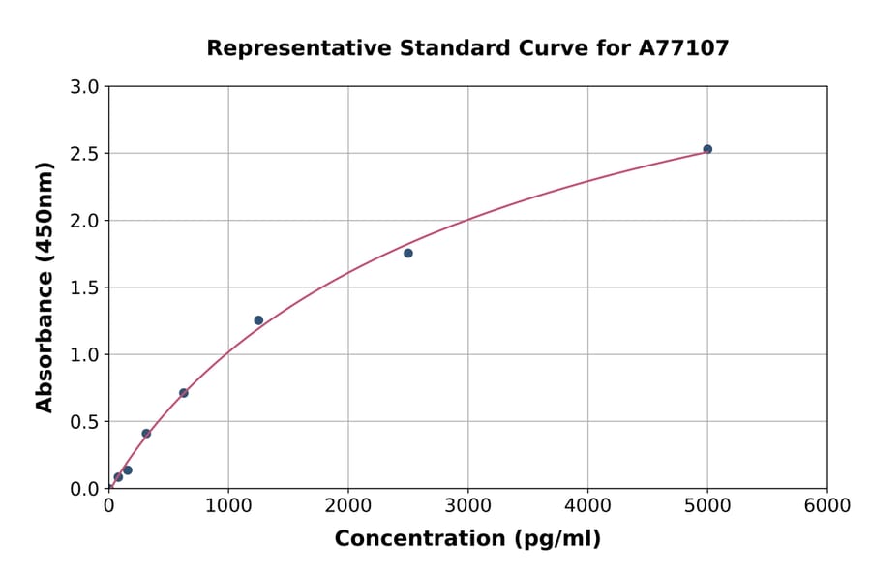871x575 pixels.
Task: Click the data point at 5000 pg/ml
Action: click(x=707, y=149)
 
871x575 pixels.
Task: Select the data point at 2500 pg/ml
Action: click(x=408, y=254)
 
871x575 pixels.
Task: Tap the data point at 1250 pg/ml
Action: click(x=258, y=320)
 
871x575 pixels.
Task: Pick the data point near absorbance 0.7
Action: click(x=184, y=393)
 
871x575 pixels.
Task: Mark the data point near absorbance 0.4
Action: click(x=146, y=434)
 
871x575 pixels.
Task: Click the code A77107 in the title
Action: click(x=685, y=48)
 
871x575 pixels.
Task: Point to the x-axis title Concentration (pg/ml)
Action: click(x=467, y=539)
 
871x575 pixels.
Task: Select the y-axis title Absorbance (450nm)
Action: click(x=45, y=287)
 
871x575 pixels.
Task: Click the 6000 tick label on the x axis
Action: click(x=826, y=506)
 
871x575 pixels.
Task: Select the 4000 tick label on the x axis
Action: click(x=587, y=506)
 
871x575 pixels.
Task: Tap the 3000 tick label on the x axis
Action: click(x=467, y=506)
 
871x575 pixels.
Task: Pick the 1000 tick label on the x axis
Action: click(x=228, y=506)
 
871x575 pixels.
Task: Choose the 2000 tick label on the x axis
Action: click(x=348, y=506)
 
